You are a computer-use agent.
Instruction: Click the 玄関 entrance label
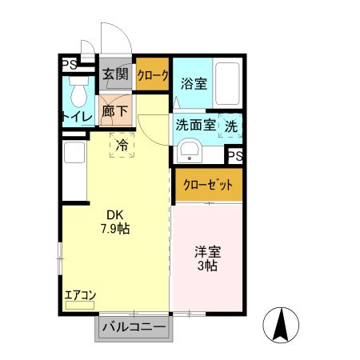click(x=115, y=74)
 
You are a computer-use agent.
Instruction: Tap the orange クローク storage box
click(x=152, y=75)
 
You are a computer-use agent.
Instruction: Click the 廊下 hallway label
click(x=115, y=111)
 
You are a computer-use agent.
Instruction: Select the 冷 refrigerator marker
click(x=122, y=145)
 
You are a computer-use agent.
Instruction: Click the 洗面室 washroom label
click(x=194, y=125)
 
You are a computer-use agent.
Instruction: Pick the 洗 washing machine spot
click(x=230, y=126)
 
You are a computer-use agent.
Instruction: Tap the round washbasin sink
click(x=190, y=150)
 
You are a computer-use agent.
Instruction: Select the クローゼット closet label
click(x=207, y=185)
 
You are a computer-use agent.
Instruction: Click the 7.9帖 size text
click(x=115, y=229)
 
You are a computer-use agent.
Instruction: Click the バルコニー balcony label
click(x=134, y=328)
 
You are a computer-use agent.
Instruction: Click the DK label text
click(x=116, y=214)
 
